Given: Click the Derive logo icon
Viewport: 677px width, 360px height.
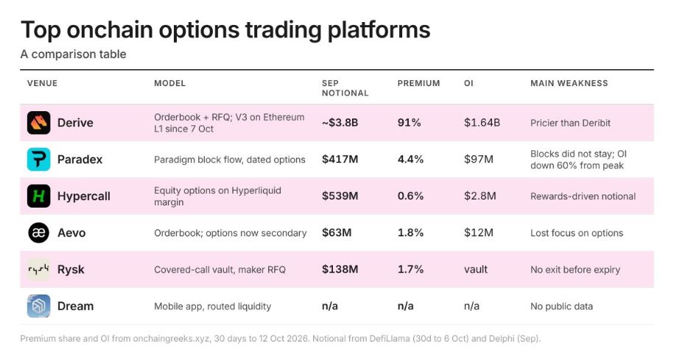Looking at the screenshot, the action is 39,123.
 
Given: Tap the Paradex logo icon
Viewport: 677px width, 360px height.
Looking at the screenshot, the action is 39,159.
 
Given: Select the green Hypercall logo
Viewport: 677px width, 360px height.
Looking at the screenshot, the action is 39,196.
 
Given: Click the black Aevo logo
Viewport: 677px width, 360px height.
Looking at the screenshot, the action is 39,233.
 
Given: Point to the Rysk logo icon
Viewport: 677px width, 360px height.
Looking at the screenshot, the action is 39,269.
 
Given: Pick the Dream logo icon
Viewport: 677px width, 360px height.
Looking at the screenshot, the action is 39,306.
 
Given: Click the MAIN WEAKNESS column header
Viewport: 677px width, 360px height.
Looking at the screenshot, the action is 569,83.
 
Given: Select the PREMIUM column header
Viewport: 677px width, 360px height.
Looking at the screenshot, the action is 418,83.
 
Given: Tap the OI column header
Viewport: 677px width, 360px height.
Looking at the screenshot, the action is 469,83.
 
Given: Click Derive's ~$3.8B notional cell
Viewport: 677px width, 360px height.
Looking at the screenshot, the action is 340,123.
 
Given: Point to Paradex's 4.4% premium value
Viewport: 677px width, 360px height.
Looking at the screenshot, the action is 410,159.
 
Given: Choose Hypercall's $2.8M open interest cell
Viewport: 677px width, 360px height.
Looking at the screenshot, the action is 480,196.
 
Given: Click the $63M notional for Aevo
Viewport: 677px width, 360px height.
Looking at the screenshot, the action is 337,233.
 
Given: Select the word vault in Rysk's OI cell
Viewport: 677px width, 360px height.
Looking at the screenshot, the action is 475,269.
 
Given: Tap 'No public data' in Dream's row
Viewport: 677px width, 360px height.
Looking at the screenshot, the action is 561,306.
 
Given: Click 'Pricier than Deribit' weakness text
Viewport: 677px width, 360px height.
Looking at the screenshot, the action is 570,123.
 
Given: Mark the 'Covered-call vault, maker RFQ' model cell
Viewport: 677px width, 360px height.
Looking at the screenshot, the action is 220,269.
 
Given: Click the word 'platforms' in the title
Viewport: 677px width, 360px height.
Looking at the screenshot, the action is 379,30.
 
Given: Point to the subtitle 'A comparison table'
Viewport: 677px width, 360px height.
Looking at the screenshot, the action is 74,54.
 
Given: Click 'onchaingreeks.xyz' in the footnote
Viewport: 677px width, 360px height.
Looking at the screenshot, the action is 172,339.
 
